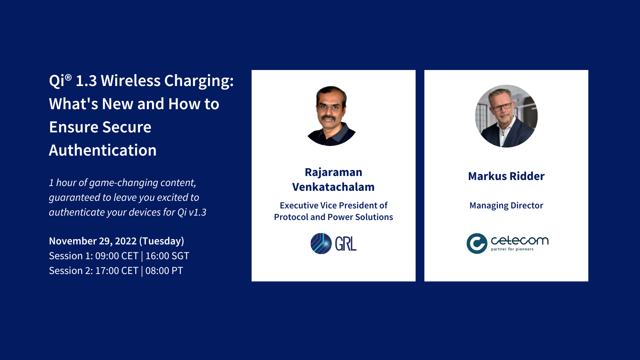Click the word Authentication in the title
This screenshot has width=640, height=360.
[103, 150]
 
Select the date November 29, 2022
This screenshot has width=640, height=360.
[93, 241]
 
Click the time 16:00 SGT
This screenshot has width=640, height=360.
[167, 256]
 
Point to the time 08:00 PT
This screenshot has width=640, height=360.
[164, 271]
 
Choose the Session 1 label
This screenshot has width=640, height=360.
[70, 256]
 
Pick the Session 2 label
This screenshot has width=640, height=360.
[70, 271]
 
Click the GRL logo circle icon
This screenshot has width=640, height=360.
[321, 244]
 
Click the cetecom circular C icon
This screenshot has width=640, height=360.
[477, 243]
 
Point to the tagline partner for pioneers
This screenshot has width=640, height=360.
[512, 249]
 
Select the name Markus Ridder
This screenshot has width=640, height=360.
[506, 176]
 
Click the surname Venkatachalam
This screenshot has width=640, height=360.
[333, 187]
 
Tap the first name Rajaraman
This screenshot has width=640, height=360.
[333, 172]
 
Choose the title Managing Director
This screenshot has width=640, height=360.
[506, 206]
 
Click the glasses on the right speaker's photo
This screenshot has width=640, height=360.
[502, 107]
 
